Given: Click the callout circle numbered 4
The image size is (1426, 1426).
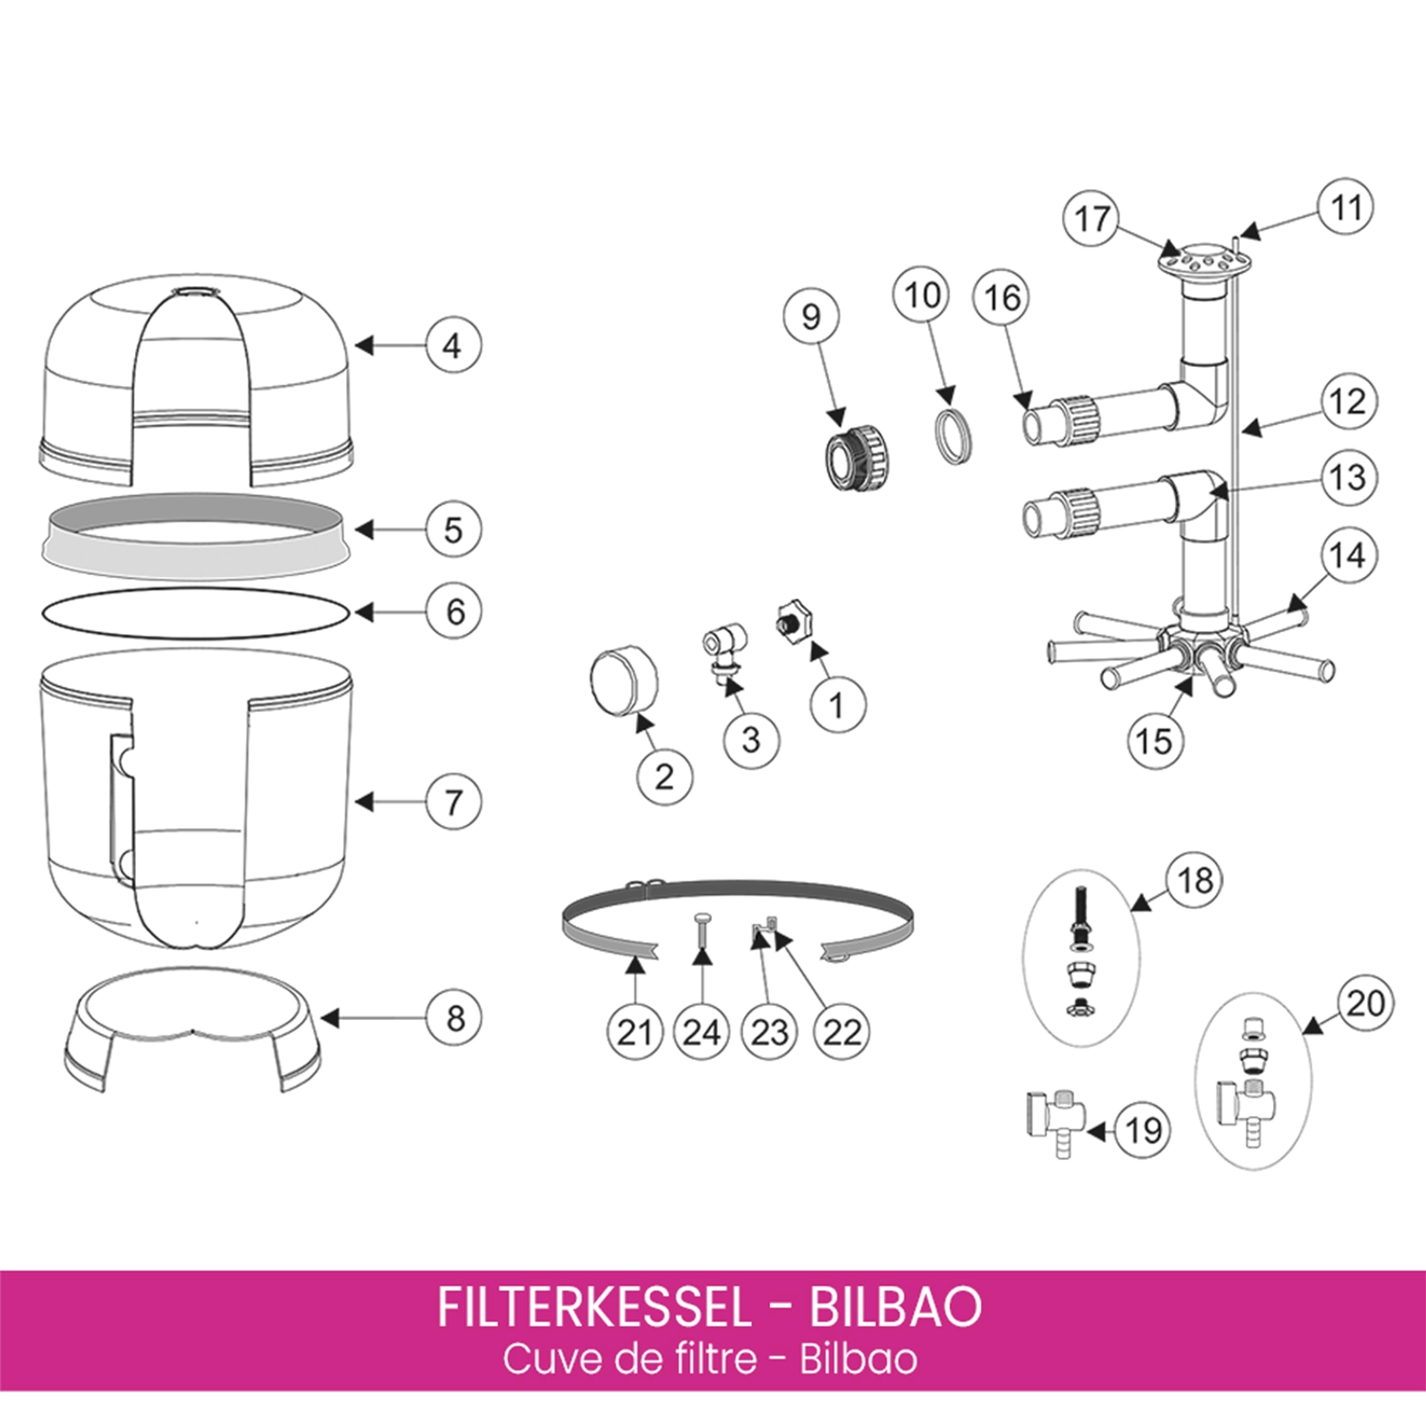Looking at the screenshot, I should (x=453, y=345).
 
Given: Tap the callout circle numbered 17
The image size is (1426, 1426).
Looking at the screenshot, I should (x=1090, y=218).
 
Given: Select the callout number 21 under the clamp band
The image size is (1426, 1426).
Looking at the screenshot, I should (x=634, y=1031).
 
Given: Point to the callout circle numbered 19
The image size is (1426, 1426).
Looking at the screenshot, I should (x=1142, y=1130).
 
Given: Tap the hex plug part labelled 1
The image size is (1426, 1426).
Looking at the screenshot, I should (x=792, y=623).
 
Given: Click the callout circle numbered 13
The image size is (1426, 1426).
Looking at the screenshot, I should (x=1347, y=477).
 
